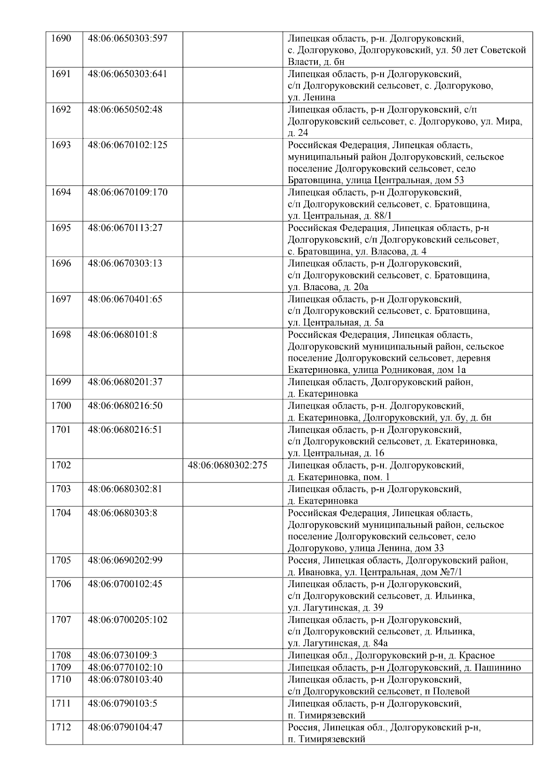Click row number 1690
click(x=61, y=38)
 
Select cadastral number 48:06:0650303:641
click(x=127, y=74)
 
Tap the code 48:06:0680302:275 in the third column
click(x=227, y=465)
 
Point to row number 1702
click(x=61, y=465)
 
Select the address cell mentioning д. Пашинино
click(x=404, y=667)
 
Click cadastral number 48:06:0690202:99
click(x=125, y=560)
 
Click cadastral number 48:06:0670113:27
click(x=125, y=228)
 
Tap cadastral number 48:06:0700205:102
click(x=127, y=620)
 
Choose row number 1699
click(x=61, y=382)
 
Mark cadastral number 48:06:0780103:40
click(x=125, y=679)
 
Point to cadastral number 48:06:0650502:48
click(x=125, y=110)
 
